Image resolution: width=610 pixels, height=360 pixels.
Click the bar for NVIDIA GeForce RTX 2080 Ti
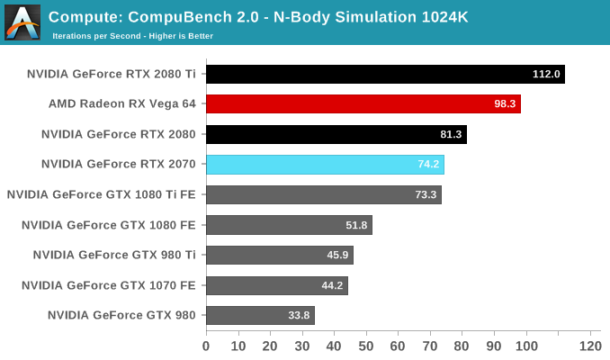(385, 74)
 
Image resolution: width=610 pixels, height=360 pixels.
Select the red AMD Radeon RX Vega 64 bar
(363, 104)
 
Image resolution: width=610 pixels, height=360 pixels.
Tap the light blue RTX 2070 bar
(325, 165)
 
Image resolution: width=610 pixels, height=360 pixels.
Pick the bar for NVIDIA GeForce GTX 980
(260, 315)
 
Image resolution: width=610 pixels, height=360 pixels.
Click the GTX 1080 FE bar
(289, 225)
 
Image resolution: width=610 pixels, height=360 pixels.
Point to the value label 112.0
(546, 74)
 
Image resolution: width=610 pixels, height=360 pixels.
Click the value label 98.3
(505, 104)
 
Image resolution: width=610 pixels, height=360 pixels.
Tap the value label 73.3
(426, 194)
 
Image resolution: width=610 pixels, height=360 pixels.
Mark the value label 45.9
(338, 255)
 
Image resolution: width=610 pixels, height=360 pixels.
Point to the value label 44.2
(333, 285)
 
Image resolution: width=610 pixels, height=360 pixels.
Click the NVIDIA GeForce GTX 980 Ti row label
(114, 255)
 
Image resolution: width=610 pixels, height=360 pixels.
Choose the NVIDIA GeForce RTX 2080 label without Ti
(119, 134)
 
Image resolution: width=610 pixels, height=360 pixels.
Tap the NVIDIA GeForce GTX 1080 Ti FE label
(101, 194)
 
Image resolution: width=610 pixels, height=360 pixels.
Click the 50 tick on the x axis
(366, 346)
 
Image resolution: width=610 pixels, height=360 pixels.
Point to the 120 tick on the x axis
(589, 346)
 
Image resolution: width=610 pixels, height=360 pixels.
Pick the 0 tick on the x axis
(206, 346)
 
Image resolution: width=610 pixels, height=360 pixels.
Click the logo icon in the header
(22, 22)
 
